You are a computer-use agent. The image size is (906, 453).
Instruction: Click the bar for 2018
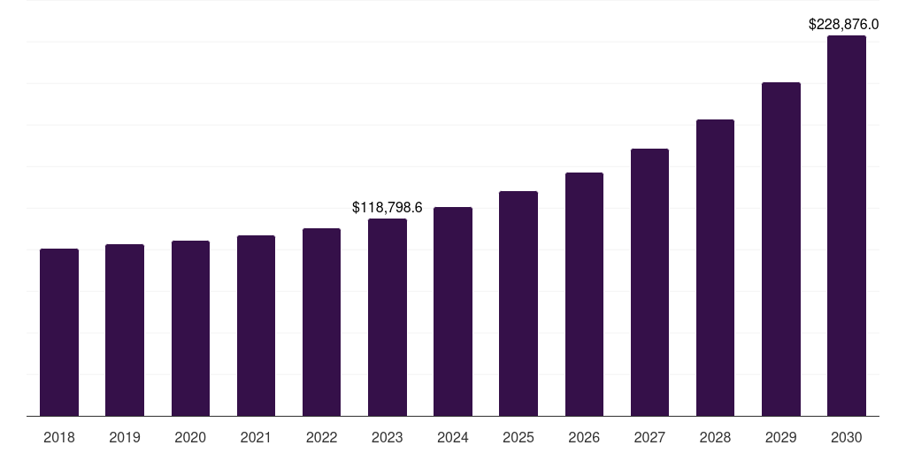tap(59, 332)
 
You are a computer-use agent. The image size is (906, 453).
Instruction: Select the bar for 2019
tap(125, 330)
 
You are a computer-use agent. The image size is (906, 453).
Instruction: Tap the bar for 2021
tap(256, 326)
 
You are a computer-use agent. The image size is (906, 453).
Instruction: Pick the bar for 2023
tap(388, 317)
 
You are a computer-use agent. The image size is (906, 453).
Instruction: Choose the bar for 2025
tap(518, 303)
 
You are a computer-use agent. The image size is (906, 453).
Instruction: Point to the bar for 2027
tap(649, 282)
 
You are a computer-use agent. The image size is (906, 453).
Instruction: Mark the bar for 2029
tap(781, 249)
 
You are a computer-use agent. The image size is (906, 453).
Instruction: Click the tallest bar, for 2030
tap(847, 226)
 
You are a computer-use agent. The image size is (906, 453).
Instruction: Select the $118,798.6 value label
tap(388, 207)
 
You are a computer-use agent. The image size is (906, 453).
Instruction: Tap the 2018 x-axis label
tap(59, 437)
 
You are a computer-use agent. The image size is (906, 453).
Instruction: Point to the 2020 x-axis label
tap(190, 437)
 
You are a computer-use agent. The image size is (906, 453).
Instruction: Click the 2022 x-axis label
tap(321, 437)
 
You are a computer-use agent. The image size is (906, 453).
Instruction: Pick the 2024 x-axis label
tap(453, 437)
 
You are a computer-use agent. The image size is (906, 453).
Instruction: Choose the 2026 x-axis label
tap(584, 437)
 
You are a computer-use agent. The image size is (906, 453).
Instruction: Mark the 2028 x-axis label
tap(715, 437)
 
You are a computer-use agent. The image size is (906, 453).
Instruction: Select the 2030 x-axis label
tap(847, 437)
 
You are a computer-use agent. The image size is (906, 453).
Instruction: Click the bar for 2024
tap(453, 311)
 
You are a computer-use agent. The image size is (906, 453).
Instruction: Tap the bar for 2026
tap(584, 294)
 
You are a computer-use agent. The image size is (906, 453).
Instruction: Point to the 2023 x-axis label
tap(388, 437)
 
